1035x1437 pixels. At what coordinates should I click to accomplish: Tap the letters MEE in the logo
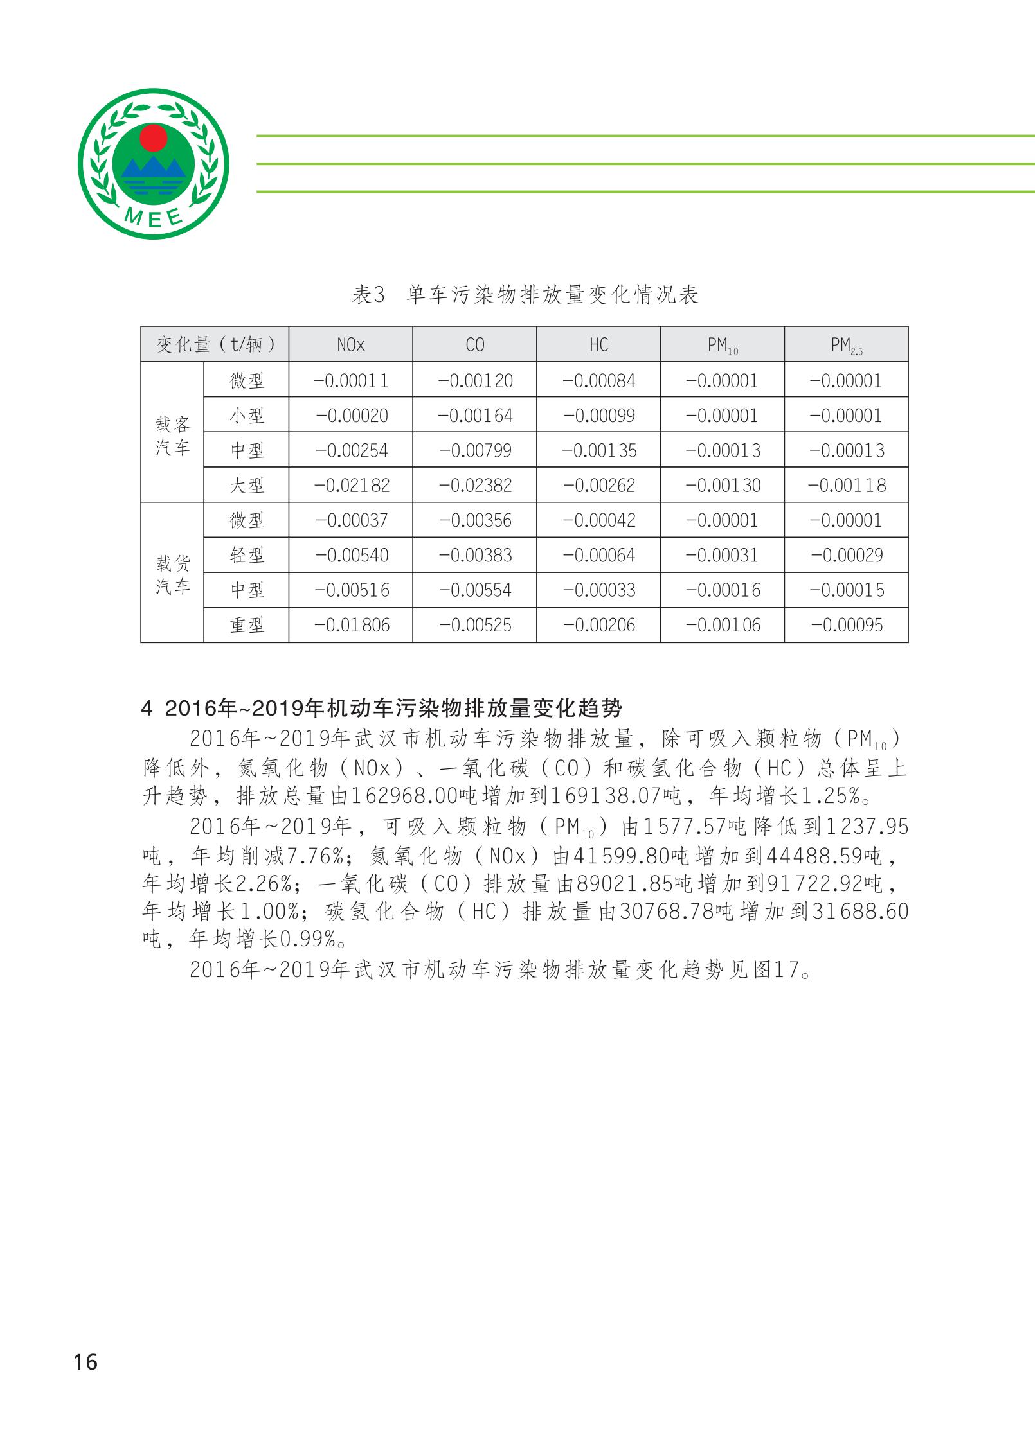click(154, 217)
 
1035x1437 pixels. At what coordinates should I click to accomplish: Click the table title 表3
click(368, 295)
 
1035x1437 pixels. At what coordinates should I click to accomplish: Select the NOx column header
click(350, 345)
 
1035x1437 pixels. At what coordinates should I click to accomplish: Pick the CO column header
click(474, 345)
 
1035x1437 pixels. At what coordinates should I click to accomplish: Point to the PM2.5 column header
click(846, 346)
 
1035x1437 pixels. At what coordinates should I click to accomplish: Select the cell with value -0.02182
click(351, 485)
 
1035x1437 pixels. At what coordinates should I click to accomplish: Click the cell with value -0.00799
click(474, 450)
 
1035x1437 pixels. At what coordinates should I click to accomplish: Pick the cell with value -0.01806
click(351, 625)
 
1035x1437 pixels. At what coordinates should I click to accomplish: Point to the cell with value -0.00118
click(846, 485)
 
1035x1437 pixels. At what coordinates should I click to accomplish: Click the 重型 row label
click(247, 625)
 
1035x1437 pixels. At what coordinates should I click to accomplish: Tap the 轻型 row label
click(247, 555)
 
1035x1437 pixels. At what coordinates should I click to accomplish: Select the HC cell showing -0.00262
click(598, 485)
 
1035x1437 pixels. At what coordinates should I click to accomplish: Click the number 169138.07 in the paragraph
click(606, 797)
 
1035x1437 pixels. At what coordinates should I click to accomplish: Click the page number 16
click(85, 1361)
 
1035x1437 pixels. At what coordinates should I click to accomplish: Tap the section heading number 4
click(147, 709)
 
